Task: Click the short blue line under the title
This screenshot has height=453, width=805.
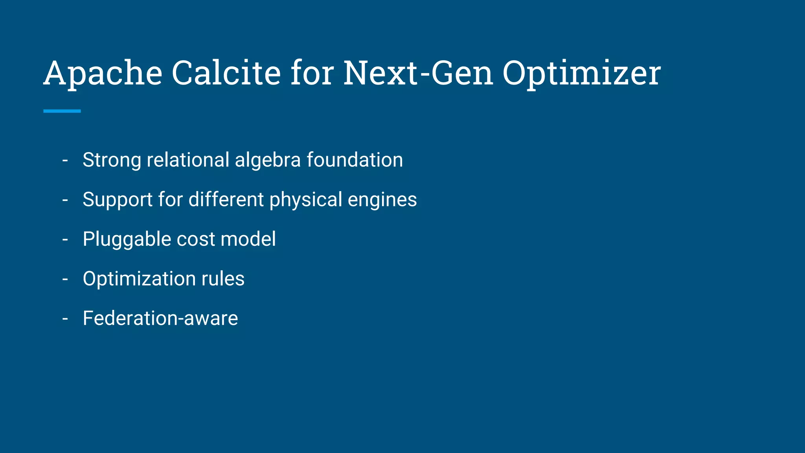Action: tap(62, 111)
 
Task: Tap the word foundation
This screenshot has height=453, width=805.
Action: tap(355, 160)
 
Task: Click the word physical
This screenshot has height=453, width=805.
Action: tap(306, 200)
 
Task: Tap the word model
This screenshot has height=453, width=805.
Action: tap(248, 239)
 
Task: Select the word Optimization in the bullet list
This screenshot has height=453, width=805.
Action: tap(139, 279)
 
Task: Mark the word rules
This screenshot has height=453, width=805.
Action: tap(223, 279)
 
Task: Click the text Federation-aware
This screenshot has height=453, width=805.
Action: tap(160, 318)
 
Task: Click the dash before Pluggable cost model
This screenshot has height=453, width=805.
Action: tap(65, 239)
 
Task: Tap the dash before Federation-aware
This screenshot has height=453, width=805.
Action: tap(65, 319)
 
